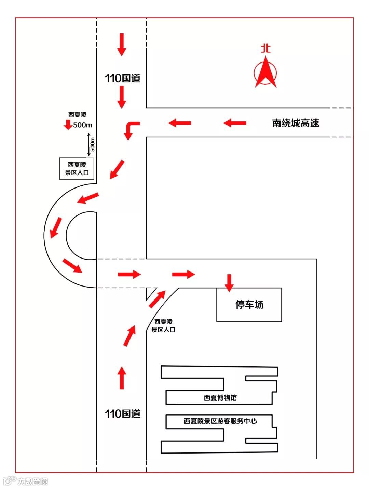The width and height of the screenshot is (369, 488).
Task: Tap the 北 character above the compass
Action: [x=265, y=48]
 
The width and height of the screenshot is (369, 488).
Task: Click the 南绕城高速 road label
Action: [x=296, y=123]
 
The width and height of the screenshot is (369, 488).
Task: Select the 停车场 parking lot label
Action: [x=249, y=304]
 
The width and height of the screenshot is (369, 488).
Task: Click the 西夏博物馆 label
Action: [x=220, y=398]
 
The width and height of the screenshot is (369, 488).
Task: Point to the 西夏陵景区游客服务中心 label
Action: [x=220, y=421]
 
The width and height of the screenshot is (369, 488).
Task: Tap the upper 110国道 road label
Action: [x=123, y=78]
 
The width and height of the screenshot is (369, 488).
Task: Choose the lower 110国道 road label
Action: [x=123, y=414]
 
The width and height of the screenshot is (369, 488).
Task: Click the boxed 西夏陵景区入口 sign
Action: [x=77, y=168]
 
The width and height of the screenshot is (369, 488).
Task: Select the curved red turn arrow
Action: [x=131, y=129]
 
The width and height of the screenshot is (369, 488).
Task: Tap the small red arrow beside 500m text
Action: [x=68, y=125]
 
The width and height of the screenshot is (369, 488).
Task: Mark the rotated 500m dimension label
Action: [x=92, y=144]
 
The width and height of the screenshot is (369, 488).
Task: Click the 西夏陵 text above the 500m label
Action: [x=77, y=115]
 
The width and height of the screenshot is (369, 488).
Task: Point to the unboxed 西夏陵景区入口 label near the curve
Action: [x=163, y=325]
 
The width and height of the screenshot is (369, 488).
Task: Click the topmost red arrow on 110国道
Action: [x=122, y=44]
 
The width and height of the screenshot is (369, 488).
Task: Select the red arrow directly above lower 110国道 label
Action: [x=122, y=378]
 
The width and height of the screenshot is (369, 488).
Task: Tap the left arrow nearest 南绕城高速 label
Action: [x=235, y=123]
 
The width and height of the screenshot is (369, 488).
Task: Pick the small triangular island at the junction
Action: [x=150, y=293]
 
